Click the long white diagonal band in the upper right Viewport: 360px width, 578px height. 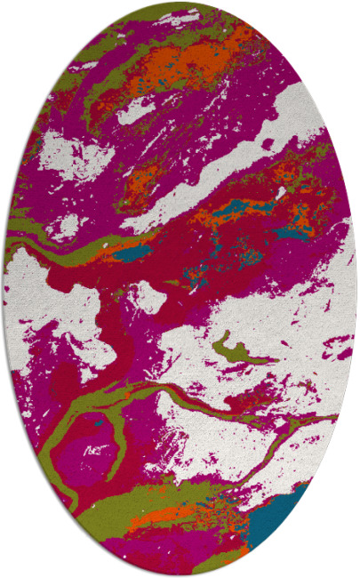240,160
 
